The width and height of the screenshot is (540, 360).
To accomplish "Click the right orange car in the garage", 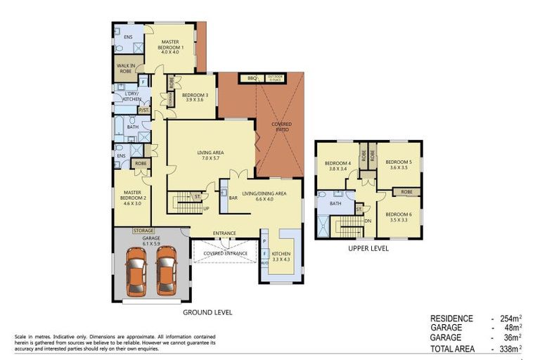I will (x=166, y=271).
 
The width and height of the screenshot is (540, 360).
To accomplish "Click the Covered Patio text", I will (x=281, y=127).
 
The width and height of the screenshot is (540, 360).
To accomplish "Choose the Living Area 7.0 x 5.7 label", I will (x=210, y=154).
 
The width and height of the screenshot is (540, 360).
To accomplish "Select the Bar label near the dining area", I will (x=233, y=198).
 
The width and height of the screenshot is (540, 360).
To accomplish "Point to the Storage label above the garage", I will (x=143, y=230).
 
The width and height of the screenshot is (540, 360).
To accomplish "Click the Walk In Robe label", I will (x=127, y=68).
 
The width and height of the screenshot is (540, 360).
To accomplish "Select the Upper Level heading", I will (x=368, y=248).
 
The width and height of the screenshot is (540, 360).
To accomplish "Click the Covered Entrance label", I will (x=226, y=252).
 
